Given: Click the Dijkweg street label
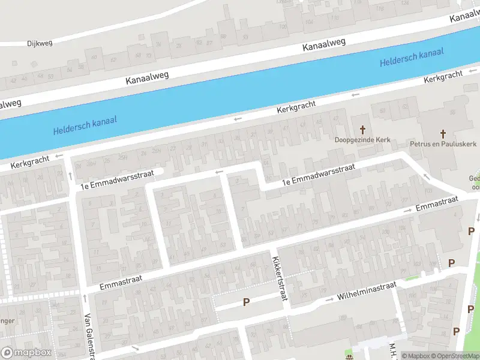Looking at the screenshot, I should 40,43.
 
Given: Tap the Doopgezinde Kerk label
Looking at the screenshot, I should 362,140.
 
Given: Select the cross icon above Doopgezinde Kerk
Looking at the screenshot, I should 362,129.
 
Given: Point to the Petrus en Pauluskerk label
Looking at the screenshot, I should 443,144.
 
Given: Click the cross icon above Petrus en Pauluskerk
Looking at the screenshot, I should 443,133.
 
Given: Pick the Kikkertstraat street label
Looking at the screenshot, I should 278,278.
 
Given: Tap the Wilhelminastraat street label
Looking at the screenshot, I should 367,291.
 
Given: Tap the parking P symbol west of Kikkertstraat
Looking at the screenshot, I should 246,302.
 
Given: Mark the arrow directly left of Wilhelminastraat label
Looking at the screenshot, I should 329,299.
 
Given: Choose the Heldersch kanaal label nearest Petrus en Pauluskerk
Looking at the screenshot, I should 412,58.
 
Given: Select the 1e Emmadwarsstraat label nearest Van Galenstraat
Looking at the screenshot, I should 118,179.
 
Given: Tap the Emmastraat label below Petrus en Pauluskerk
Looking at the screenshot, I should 436,203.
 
